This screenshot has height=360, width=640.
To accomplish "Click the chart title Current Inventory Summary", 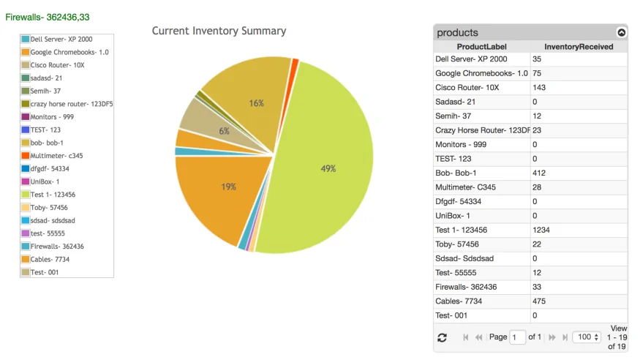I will pyautogui.click(x=219, y=31).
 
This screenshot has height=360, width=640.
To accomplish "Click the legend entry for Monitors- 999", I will pyautogui.click(x=52, y=117).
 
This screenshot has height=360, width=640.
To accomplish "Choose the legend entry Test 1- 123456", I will pyautogui.click(x=53, y=195).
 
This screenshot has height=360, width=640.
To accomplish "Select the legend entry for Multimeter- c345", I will pyautogui.click(x=56, y=156).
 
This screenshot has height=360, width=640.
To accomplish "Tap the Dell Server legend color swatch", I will pyautogui.click(x=26, y=39).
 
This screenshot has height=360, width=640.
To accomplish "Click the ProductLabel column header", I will pyautogui.click(x=481, y=47).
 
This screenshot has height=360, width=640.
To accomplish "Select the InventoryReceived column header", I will pyautogui.click(x=579, y=47).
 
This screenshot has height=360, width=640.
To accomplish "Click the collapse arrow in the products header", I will pyautogui.click(x=622, y=32).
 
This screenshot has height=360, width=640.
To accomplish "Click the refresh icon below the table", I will pyautogui.click(x=442, y=337).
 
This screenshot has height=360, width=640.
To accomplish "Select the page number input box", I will pyautogui.click(x=517, y=337).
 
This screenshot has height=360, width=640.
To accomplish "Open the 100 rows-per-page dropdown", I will pyautogui.click(x=587, y=337).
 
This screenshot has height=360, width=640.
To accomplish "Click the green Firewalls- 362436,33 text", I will pyautogui.click(x=48, y=16).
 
